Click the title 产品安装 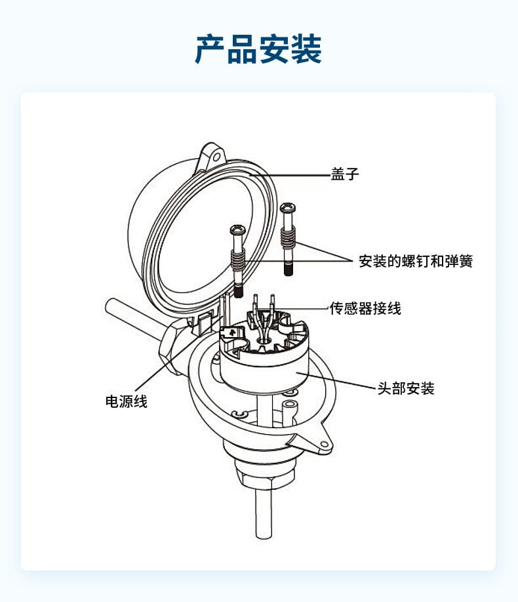[258, 49]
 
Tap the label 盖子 [345, 175]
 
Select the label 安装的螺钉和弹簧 [416, 261]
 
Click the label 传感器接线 [365, 308]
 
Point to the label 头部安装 [406, 388]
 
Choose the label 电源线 [127, 401]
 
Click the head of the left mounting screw [237, 231]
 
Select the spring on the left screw [238, 260]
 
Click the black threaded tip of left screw [240, 291]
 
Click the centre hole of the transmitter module [264, 340]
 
